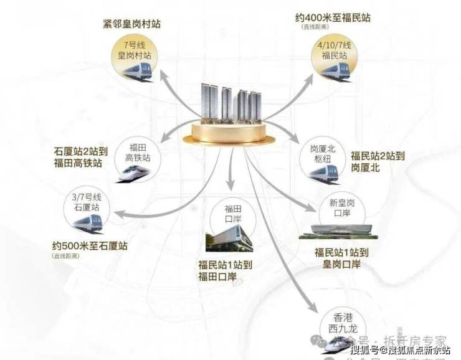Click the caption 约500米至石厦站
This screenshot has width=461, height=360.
click(90, 246)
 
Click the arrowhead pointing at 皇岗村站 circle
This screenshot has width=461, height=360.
click(163, 75)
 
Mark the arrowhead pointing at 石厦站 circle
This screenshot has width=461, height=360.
click(118, 215)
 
